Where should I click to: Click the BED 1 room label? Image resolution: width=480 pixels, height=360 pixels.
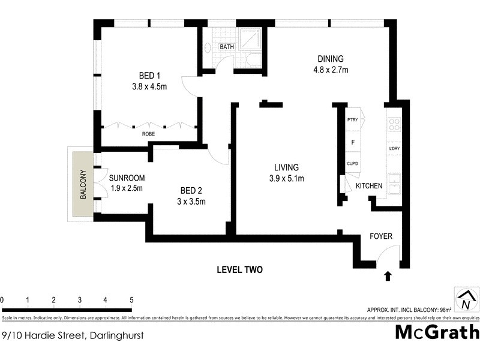click(149, 76)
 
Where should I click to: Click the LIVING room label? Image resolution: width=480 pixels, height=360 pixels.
click(287, 167)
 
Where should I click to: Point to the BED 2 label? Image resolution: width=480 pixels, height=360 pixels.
click(191, 191)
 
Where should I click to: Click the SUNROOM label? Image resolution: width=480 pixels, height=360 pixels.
click(127, 178)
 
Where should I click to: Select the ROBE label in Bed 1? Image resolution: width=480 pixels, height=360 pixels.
click(148, 134)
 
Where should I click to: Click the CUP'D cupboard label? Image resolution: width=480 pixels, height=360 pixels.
click(352, 163)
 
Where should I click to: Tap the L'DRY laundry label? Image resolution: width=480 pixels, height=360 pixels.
click(394, 148)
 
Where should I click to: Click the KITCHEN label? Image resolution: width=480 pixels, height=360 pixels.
click(369, 187)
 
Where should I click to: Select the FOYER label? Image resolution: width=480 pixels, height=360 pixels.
click(380, 236)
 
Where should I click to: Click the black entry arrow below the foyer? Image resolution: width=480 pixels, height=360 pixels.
click(388, 276)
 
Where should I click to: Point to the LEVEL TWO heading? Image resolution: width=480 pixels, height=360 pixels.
click(239, 270)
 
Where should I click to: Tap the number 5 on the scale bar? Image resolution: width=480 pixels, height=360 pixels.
click(131, 300)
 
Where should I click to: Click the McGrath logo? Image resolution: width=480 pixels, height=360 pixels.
click(437, 332)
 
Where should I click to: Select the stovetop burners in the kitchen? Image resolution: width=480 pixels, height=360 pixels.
click(395, 124)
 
